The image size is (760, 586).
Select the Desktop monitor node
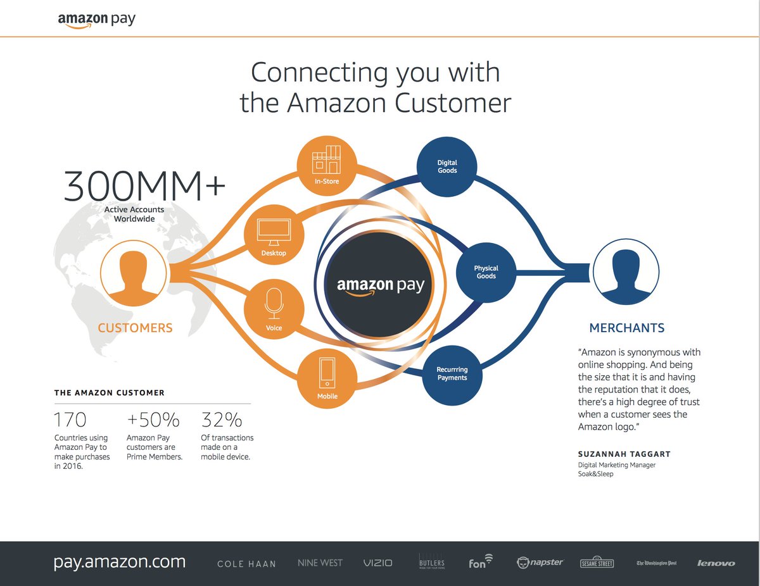point(274,235)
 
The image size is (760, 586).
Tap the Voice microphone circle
point(274,311)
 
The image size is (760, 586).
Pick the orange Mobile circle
point(327,378)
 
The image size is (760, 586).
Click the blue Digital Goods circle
point(447,166)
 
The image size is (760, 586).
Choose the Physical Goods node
point(486,272)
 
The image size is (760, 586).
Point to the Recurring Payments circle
point(452,374)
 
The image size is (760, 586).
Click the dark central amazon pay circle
point(380,285)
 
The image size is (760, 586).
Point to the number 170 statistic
point(70,420)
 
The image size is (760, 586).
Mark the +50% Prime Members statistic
point(153,420)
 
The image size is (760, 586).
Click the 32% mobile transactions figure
point(222,420)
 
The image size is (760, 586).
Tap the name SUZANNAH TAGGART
point(624,454)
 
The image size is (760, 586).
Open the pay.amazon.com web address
point(120,561)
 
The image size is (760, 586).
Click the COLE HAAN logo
point(246,563)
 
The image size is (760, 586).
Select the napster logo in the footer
point(540,562)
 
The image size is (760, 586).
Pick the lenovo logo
point(716,563)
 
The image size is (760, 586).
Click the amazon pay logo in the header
point(96,20)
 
